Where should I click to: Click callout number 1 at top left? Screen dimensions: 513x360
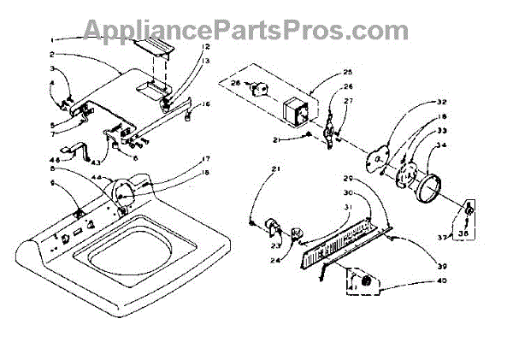coord(50,40)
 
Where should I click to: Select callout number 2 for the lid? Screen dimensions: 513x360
coord(51,54)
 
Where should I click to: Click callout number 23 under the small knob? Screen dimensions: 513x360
coord(274,245)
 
